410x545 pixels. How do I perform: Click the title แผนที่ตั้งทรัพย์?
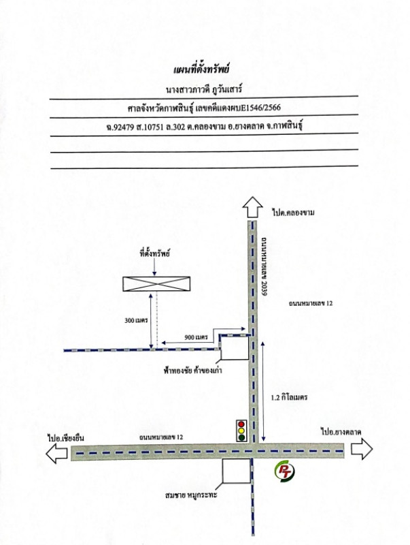click(x=201, y=70)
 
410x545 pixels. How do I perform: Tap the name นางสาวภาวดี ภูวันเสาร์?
click(x=204, y=89)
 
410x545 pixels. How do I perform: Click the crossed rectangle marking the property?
click(x=156, y=283)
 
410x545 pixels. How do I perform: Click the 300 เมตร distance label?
click(x=136, y=320)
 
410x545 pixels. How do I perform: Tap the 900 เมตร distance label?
click(x=196, y=337)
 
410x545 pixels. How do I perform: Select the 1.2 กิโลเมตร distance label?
click(x=289, y=397)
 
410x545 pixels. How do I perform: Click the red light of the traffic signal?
click(x=241, y=424)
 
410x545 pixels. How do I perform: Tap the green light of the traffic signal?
click(x=241, y=437)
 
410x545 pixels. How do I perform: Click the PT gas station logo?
click(x=284, y=472)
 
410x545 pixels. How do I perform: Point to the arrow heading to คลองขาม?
click(x=252, y=207)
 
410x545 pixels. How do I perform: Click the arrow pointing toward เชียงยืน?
click(x=56, y=453)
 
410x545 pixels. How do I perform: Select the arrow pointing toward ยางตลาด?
click(x=362, y=449)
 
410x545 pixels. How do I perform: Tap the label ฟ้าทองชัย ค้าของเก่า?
click(x=193, y=370)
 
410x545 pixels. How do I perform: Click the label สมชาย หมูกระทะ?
click(x=191, y=495)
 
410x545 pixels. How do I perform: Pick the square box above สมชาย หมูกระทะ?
click(x=236, y=471)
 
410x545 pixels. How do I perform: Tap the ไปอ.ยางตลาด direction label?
click(x=341, y=433)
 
